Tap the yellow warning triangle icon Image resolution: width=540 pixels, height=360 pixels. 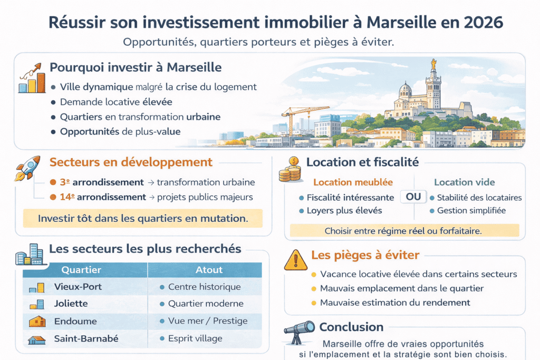(x=295, y=259)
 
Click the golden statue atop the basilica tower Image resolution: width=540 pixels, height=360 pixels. (x=433, y=64)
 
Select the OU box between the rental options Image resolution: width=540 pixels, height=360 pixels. (x=413, y=197)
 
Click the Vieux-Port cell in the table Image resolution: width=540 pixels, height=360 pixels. (x=78, y=287)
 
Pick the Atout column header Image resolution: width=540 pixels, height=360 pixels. (x=209, y=270)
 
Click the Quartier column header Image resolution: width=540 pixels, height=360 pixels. (x=81, y=270)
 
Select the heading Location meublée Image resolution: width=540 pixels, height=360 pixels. (x=353, y=182)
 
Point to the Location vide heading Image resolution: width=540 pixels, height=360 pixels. (x=464, y=182)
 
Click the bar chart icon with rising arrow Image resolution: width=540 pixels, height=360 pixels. (x=30, y=79)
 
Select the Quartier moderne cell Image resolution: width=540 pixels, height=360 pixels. (x=206, y=304)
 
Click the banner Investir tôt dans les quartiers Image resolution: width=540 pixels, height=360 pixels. (x=143, y=218)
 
